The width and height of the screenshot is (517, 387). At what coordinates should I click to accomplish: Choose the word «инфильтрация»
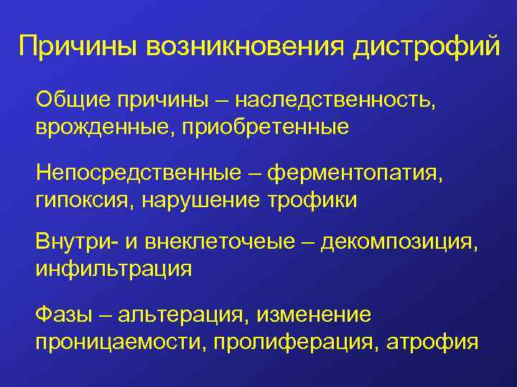click(114, 269)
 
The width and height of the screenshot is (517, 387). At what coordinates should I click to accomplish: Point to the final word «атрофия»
click(432, 341)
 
